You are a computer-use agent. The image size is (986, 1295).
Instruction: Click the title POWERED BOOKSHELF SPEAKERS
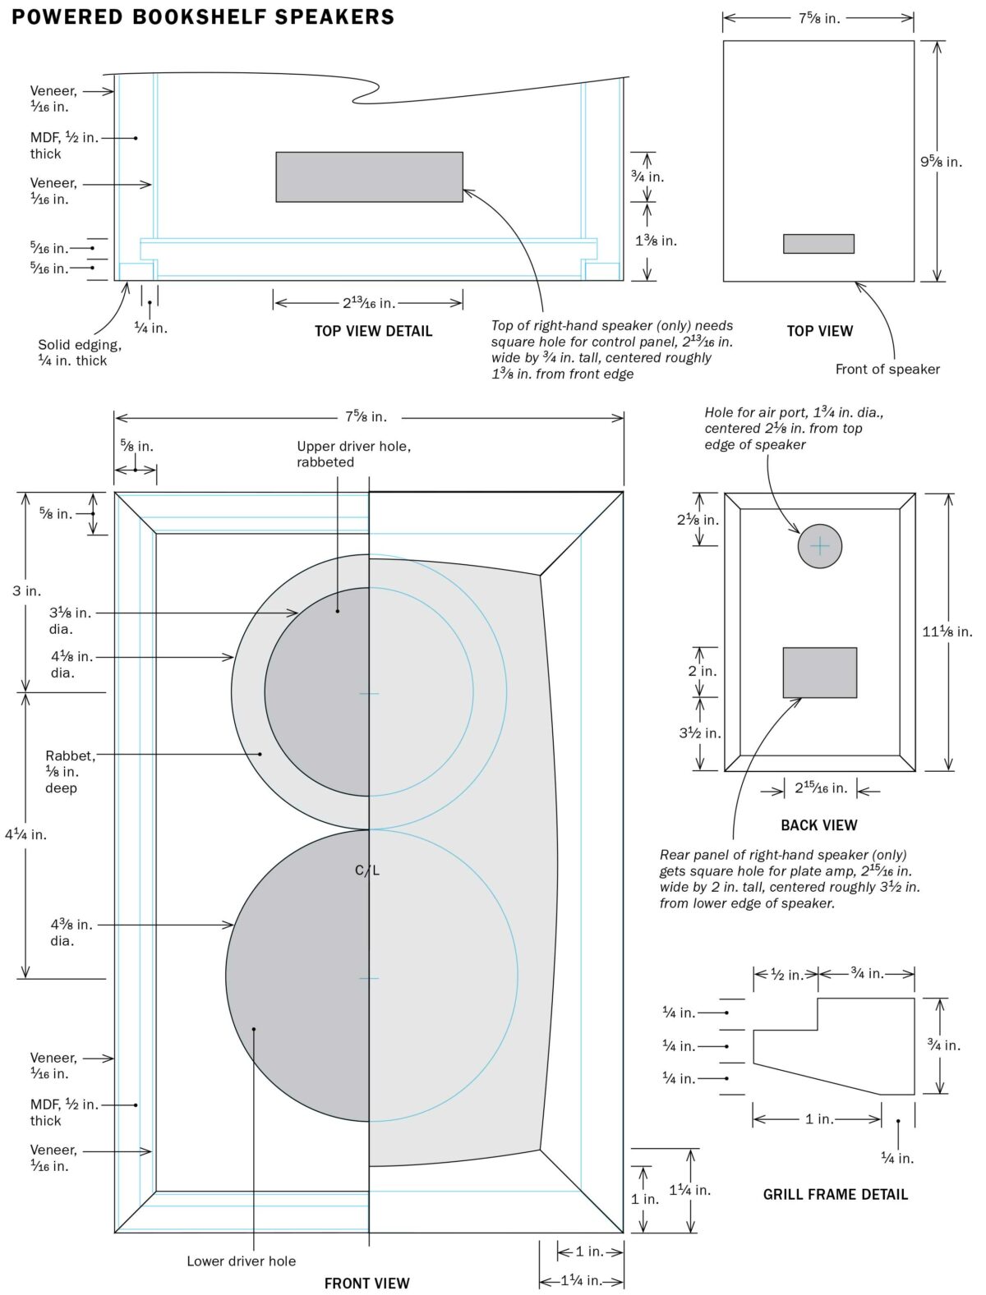pos(203,16)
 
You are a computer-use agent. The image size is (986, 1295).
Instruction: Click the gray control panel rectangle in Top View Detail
pos(369,177)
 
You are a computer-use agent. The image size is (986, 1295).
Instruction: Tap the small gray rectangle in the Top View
pos(818,244)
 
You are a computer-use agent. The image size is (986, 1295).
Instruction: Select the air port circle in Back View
pos(820,546)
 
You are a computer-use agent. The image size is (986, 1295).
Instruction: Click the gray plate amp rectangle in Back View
pos(819,673)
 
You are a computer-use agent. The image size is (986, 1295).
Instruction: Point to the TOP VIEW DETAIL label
pos(373,331)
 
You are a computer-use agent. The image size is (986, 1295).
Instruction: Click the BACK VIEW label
pos(818,825)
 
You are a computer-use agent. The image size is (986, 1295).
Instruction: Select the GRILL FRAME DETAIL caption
pos(836,1195)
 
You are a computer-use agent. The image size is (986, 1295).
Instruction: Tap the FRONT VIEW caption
pos(366,1283)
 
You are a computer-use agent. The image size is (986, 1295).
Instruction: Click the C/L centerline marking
pos(367,870)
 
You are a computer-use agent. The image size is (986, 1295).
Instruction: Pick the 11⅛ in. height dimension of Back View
pos(947,631)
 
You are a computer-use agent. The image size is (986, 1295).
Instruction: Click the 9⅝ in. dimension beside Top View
pos(941,162)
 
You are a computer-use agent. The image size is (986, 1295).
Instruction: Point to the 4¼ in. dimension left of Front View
pos(25,834)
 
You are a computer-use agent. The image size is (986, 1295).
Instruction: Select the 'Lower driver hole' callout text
pos(241,1261)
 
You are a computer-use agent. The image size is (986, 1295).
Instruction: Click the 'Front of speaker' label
pos(887,369)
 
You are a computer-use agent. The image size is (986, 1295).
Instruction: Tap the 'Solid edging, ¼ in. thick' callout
pos(79,352)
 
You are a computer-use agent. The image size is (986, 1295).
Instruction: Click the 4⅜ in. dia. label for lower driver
pos(71,933)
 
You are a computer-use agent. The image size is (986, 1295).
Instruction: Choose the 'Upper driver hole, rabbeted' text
pos(353,454)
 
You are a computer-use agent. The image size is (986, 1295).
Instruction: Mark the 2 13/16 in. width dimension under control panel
pos(369,303)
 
